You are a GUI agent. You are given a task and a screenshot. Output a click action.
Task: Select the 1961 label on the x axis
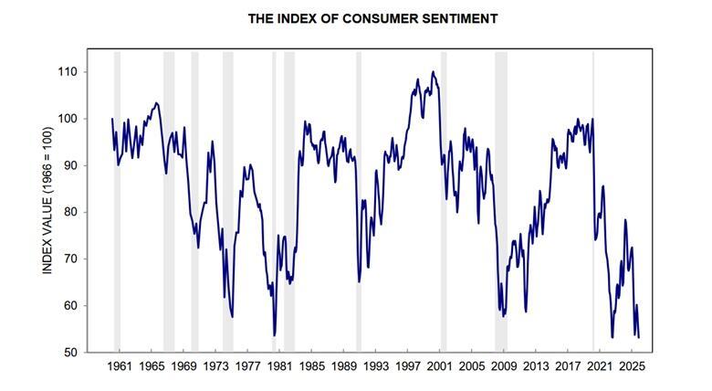coord(120,366)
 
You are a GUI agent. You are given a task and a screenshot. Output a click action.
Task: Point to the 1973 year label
coord(215,366)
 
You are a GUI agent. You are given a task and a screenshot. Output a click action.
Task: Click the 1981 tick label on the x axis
coord(279,366)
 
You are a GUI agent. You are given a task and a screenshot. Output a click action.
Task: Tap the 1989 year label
coord(344,366)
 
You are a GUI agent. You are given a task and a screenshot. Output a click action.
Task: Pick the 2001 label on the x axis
coord(440,366)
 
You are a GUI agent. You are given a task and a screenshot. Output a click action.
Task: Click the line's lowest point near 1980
coord(274,335)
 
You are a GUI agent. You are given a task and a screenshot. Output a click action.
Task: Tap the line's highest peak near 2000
coord(433,72)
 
